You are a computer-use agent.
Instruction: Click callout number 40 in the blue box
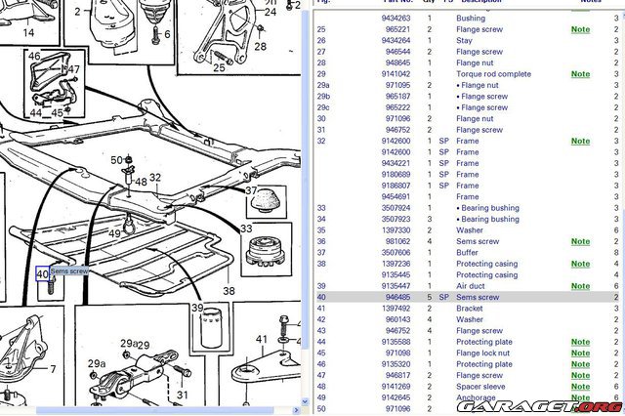tap(42, 274)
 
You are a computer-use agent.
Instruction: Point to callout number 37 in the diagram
tap(252, 190)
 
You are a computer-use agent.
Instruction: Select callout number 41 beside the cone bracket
tap(262, 339)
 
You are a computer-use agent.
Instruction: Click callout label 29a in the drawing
tap(96, 363)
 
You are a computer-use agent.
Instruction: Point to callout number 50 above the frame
tap(116, 159)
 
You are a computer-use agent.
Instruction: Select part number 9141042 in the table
tap(396, 74)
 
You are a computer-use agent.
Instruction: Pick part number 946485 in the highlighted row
tap(396, 297)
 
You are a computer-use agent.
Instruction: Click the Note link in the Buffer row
tap(580, 252)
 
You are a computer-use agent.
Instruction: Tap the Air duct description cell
tap(470, 286)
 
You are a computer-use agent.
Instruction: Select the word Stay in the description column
tap(464, 40)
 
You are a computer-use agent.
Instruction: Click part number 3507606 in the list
tap(396, 252)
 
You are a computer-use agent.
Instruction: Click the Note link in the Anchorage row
tap(580, 397)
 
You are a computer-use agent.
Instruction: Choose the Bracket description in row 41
tap(470, 308)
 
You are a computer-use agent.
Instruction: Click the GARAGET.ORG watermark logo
tap(575, 406)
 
